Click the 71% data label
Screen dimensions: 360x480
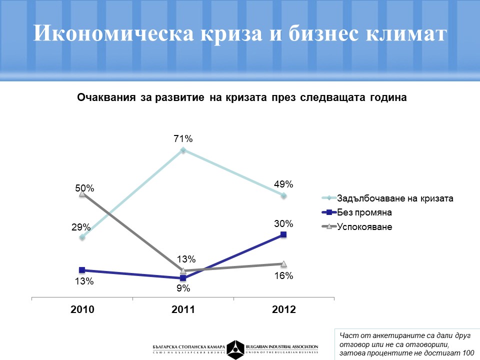click(183, 139)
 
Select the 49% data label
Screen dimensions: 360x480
click(283, 184)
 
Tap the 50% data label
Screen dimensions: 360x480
click(84, 188)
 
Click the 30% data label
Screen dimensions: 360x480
click(283, 223)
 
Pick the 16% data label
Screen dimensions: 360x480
click(283, 275)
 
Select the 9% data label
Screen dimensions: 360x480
click(183, 288)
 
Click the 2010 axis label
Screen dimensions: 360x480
click(82, 309)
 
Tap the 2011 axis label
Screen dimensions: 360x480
click(183, 309)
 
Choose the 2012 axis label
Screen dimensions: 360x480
click(283, 309)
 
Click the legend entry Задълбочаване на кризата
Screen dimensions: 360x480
click(395, 198)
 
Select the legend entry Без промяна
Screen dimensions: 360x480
click(364, 212)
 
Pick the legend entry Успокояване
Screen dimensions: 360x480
click(364, 227)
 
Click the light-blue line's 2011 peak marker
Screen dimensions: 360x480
click(183, 150)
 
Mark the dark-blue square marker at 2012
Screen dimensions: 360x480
click(283, 234)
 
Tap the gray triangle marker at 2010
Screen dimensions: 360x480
click(82, 193)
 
